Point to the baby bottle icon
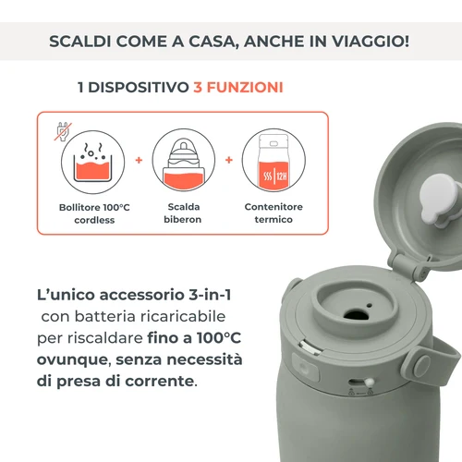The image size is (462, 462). pyautogui.click(x=179, y=160)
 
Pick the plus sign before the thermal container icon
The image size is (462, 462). pyautogui.click(x=228, y=159)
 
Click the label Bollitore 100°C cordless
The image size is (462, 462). pyautogui.click(x=89, y=214)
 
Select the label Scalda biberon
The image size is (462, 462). pyautogui.click(x=179, y=214)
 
